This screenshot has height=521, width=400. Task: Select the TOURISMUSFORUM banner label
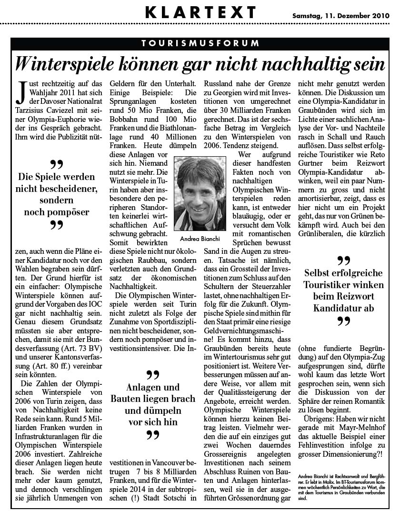pyautogui.click(x=200, y=43)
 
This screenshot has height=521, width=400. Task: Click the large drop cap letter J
pyautogui.click(x=20, y=93)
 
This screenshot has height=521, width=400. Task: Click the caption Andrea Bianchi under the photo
pyautogui.click(x=200, y=238)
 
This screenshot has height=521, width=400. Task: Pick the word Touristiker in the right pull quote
pyautogui.click(x=330, y=285)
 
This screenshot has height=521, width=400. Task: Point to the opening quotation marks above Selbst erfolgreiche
pyautogui.click(x=343, y=261)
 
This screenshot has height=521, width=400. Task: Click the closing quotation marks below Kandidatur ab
pyautogui.click(x=343, y=321)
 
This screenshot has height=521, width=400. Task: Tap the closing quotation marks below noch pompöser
pyautogui.click(x=57, y=226)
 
